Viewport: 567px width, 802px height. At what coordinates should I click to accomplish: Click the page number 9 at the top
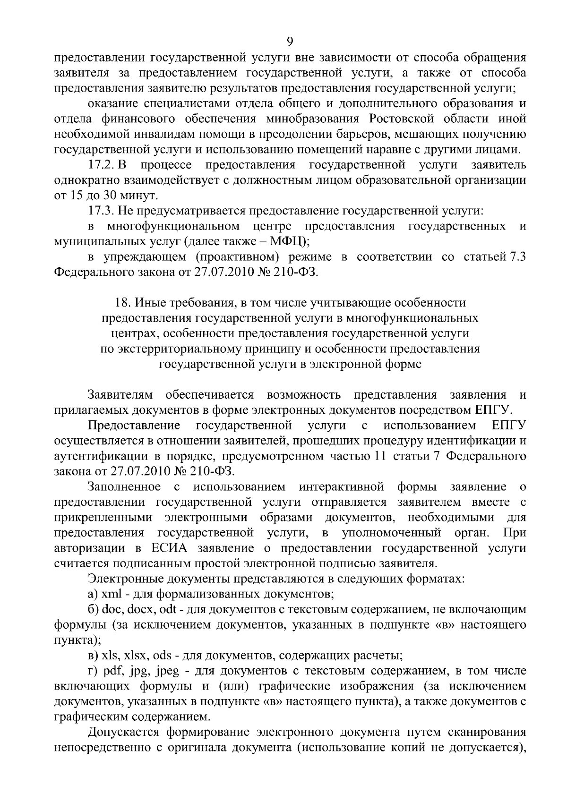(290, 42)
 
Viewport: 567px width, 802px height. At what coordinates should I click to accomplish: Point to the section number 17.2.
(102, 165)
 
